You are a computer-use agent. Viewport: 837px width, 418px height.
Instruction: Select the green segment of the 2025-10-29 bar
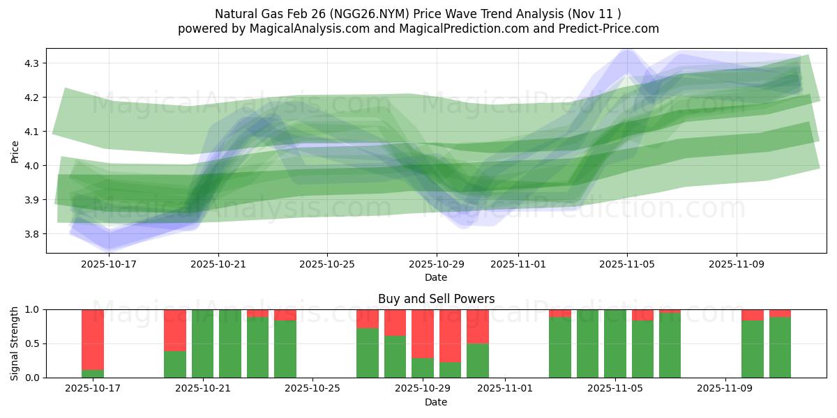click(x=423, y=368)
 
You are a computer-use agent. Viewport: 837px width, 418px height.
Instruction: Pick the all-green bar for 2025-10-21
click(x=202, y=343)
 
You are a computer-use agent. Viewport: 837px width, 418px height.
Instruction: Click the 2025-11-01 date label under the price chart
click(x=518, y=265)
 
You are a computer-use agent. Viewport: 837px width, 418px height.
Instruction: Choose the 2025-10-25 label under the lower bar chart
click(x=312, y=389)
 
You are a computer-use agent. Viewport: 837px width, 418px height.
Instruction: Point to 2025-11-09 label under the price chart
click(x=737, y=265)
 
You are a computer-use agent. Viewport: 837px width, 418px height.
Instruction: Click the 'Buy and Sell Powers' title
click(x=436, y=299)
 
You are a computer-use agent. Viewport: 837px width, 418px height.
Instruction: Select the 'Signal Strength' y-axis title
click(x=15, y=343)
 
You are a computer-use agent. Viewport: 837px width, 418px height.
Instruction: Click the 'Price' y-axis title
click(x=15, y=151)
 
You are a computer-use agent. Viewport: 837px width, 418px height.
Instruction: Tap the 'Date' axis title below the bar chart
click(x=436, y=402)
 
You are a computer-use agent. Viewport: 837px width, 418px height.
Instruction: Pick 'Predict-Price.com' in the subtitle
click(x=611, y=29)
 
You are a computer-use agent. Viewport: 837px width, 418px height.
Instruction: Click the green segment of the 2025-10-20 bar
click(x=175, y=364)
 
